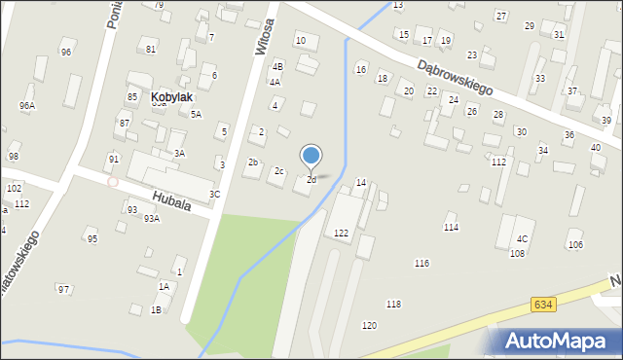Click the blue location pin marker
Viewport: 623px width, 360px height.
click(x=311, y=156)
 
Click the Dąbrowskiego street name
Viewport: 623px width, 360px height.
click(x=455, y=78)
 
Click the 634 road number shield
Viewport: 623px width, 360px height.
click(x=544, y=305)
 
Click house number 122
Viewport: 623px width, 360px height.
click(x=341, y=233)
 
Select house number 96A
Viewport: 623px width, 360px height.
click(x=26, y=105)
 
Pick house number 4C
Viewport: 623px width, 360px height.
click(x=523, y=238)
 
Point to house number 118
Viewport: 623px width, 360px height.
click(x=393, y=305)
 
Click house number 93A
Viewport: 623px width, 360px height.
click(x=151, y=219)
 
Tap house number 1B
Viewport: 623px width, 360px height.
click(x=156, y=310)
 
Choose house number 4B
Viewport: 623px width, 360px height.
click(x=277, y=66)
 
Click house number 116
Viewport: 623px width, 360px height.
click(x=421, y=264)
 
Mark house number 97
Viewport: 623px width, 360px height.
click(x=63, y=289)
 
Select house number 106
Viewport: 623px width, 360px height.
click(x=575, y=244)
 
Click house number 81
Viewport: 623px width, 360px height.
click(x=151, y=49)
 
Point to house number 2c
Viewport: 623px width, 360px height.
click(x=278, y=171)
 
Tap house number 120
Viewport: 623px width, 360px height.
click(x=369, y=325)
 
